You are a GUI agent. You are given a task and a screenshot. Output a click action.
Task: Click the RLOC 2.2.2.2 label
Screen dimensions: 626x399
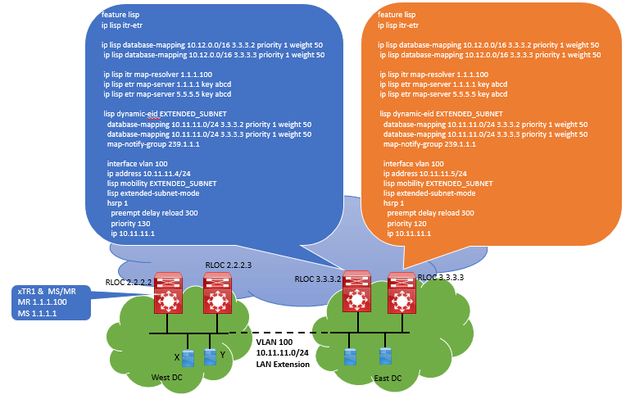129,283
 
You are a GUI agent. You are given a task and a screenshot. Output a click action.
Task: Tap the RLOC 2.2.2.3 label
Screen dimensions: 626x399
229,265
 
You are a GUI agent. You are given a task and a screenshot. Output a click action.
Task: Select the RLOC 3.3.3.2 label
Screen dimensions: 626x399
318,279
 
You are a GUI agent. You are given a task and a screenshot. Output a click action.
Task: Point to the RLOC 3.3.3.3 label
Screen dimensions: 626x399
441,277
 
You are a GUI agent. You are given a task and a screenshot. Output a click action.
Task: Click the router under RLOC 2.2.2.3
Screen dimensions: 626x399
218,292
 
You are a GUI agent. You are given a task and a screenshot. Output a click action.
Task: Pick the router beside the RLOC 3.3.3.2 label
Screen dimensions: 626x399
357,292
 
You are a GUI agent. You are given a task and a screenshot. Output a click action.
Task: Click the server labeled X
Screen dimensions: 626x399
188,358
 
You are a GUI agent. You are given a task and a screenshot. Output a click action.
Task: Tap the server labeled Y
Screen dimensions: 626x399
210,356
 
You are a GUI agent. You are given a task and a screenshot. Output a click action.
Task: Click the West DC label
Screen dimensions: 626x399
166,378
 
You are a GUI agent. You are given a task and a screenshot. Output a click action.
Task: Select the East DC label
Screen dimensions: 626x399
388,379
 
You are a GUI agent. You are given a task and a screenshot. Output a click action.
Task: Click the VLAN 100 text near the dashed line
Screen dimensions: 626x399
274,342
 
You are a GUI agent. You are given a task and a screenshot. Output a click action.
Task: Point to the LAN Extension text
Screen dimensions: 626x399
283,365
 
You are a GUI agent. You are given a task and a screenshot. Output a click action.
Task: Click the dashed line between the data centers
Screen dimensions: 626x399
279,333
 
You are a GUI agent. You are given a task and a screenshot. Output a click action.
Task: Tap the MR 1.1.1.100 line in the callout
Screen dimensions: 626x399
42,302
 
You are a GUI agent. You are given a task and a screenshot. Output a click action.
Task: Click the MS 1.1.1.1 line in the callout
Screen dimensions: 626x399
37,314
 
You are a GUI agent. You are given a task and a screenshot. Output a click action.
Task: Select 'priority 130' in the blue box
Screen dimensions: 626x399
130,224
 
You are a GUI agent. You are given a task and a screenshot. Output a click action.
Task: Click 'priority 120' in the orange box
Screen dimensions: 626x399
406,224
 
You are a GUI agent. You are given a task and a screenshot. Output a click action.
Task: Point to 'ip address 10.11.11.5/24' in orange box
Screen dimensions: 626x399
424,174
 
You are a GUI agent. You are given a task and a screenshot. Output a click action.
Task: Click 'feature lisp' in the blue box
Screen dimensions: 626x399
120,15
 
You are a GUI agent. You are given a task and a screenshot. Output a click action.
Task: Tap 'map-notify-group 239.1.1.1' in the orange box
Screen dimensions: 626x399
429,144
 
